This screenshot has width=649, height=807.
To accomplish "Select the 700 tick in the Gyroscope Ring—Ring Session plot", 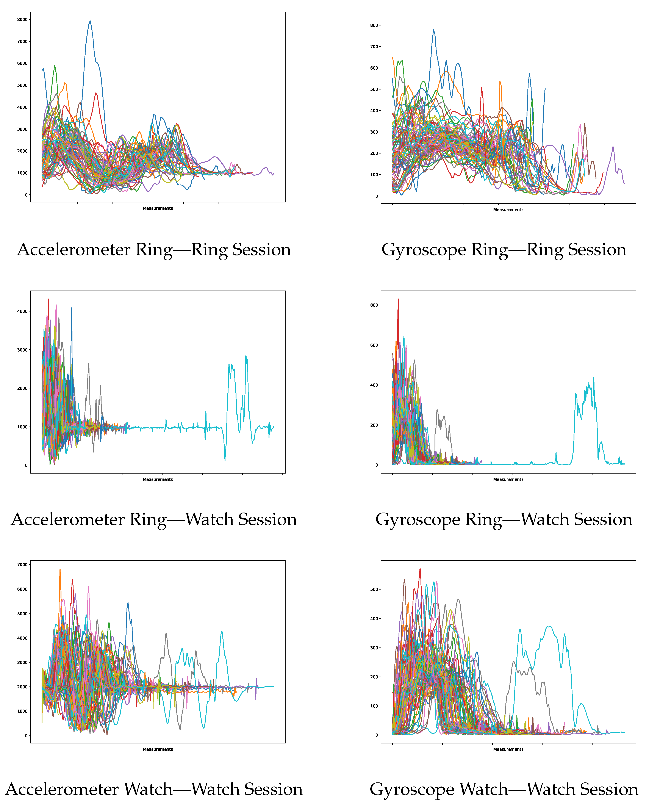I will click(x=374, y=47).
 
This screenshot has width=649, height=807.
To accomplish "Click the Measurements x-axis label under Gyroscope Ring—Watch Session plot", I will click(x=508, y=480).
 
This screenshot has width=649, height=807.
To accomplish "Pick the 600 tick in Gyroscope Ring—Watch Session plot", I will click(x=374, y=345).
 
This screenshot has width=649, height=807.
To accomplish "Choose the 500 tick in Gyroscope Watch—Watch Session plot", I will click(x=374, y=589).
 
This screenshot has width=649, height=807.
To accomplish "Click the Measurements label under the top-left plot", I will click(x=158, y=208).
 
